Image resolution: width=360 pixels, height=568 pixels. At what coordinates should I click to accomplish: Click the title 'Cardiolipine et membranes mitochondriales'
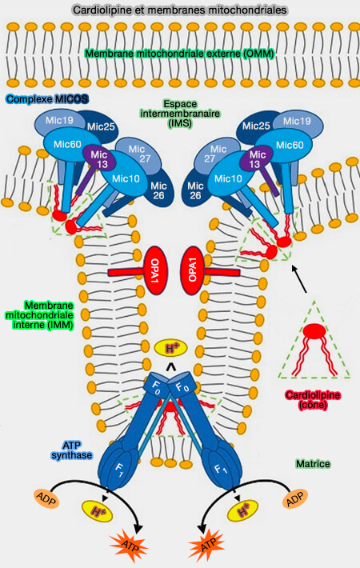(180, 10)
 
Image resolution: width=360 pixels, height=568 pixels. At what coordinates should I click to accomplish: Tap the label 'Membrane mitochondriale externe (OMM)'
(180, 54)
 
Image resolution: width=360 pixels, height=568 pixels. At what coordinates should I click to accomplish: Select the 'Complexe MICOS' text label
(46, 99)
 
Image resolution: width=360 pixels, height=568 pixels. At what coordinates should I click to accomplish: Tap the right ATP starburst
(207, 546)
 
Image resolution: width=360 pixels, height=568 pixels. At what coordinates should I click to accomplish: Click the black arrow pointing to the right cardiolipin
(298, 281)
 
